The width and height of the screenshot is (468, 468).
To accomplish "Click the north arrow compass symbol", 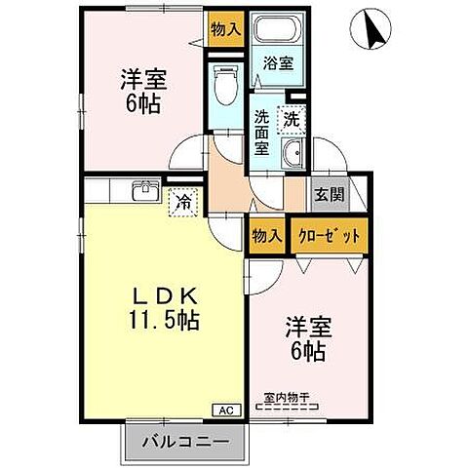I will (x=372, y=29).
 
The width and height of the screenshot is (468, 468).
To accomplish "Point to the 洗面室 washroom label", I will (x=262, y=132).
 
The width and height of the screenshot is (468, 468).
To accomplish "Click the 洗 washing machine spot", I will (x=292, y=119).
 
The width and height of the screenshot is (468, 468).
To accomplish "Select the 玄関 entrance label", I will (x=328, y=193).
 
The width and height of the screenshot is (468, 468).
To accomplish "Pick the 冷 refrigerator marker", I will (x=181, y=204).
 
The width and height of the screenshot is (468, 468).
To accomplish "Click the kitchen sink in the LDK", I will (x=145, y=190).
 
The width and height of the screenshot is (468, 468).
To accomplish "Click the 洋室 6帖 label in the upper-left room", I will (x=141, y=90).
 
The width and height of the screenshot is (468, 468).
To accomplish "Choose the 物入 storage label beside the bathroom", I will (x=225, y=29).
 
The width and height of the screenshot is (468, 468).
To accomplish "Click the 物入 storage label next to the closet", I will (x=265, y=236).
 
